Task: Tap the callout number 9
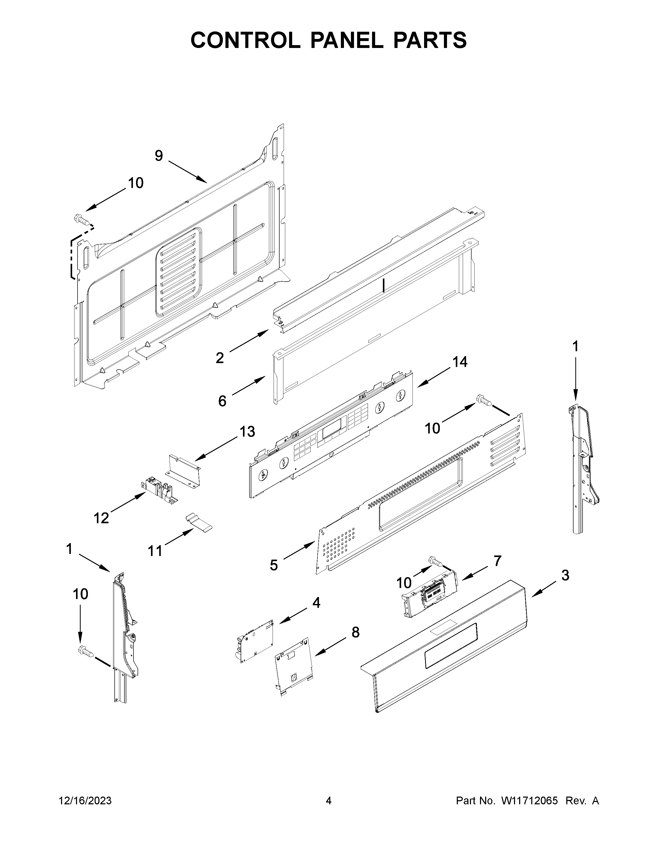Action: point(159,156)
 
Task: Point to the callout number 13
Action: point(247,432)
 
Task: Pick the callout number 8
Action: point(355,632)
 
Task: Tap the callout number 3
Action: point(565,575)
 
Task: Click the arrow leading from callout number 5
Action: point(299,551)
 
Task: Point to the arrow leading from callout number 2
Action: point(249,341)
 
